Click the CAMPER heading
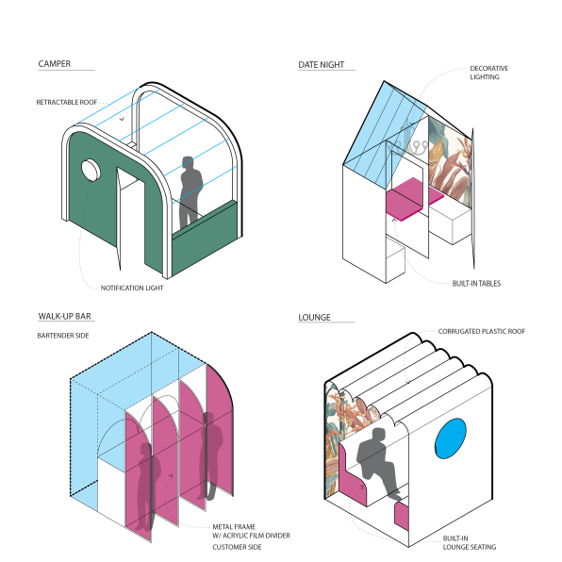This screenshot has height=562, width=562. (x=55, y=64)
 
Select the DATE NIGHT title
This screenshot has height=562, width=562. (x=322, y=65)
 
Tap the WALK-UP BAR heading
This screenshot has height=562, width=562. (x=64, y=317)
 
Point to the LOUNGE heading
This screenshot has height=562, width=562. (x=314, y=318)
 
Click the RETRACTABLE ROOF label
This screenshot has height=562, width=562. (x=67, y=103)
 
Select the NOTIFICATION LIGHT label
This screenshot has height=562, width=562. (x=132, y=289)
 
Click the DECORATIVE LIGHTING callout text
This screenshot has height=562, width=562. (x=488, y=73)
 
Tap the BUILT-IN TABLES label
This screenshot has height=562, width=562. (x=476, y=284)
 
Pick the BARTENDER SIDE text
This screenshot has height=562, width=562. (x=63, y=336)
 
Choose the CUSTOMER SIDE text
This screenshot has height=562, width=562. (x=237, y=547)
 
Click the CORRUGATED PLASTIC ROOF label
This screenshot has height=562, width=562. (x=481, y=332)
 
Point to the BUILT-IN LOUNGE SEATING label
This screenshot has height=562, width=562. (x=470, y=542)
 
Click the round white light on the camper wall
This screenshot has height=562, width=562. (x=91, y=171)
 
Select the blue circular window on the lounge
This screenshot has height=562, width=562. (x=451, y=438)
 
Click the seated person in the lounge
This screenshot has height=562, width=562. (x=378, y=462)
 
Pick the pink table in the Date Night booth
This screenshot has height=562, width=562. (x=414, y=199)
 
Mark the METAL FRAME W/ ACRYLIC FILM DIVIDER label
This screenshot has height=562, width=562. (x=251, y=531)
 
